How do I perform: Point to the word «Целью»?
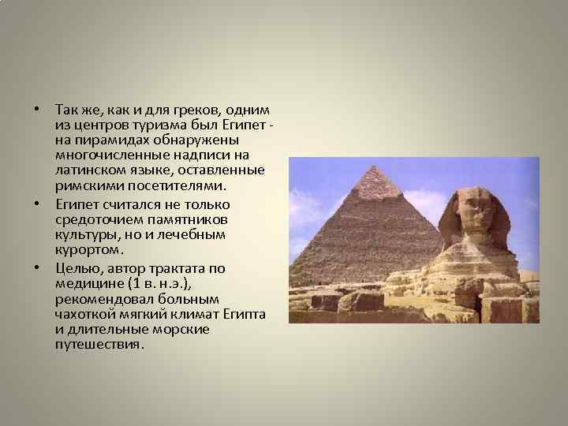tap(76, 269)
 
